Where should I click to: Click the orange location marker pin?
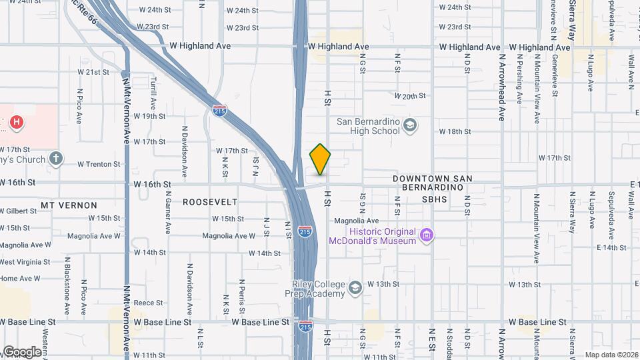pos(320,159)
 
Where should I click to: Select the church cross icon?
pos(57,159)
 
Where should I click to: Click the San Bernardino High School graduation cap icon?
pos(410,125)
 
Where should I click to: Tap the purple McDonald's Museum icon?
pos(427,235)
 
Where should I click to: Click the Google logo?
pos(21,351)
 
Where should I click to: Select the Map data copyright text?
pos(611,354)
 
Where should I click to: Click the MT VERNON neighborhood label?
pos(69,205)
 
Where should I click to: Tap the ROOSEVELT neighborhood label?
pos(210,202)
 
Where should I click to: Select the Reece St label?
pos(149,303)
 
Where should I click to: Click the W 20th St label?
pos(409,96)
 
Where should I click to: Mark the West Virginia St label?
pos(25,262)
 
